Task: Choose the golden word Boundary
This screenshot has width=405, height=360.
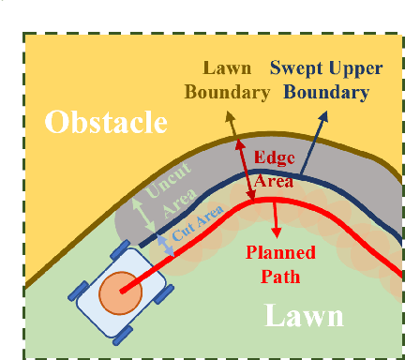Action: [225, 92]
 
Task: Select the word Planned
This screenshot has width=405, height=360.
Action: [279, 251]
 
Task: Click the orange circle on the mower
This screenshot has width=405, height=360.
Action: [121, 293]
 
